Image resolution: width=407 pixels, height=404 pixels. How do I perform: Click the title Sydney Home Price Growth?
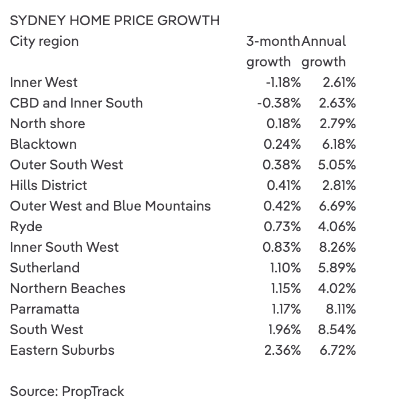(x=115, y=21)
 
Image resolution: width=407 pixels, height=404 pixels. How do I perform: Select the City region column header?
(x=44, y=41)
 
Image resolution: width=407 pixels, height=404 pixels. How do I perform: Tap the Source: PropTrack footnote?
(x=66, y=391)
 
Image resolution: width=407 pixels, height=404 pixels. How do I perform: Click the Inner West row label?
(x=44, y=82)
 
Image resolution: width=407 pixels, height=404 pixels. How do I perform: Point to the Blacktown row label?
(x=43, y=144)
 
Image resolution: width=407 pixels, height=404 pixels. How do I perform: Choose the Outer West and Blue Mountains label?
(x=110, y=206)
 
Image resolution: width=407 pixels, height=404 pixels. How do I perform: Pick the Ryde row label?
(x=26, y=227)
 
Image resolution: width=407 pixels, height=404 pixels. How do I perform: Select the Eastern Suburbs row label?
(x=62, y=350)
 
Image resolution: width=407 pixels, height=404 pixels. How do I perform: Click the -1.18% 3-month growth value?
(x=283, y=82)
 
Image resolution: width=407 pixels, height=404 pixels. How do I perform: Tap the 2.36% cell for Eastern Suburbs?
(x=283, y=350)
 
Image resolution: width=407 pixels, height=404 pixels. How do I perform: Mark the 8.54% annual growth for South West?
(x=337, y=330)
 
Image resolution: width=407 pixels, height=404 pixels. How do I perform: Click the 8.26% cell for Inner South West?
(x=337, y=247)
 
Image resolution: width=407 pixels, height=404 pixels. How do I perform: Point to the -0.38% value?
(x=279, y=103)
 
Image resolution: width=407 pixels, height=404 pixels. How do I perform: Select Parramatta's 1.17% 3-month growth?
(x=286, y=309)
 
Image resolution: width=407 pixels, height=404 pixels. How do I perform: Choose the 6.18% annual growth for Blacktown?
(x=338, y=144)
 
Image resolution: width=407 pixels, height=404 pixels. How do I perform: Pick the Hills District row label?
(x=48, y=185)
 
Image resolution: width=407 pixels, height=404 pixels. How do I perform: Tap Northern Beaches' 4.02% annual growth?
(x=337, y=288)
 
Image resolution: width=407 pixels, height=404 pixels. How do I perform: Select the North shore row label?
(x=47, y=124)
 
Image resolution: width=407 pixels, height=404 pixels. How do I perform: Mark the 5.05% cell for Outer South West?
(x=337, y=165)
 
